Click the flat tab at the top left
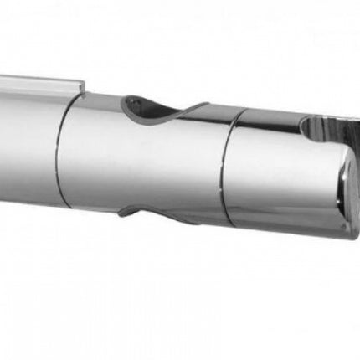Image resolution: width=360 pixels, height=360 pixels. (38, 84)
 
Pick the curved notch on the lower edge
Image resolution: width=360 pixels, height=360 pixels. (159, 209)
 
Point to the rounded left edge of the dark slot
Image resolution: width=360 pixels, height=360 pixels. (303, 127)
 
